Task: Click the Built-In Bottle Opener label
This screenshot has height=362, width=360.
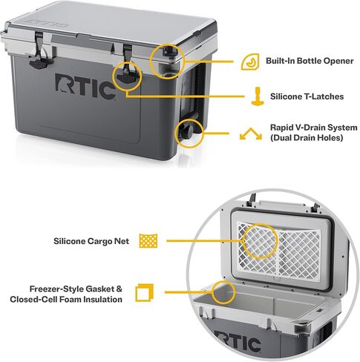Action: (x=310, y=61)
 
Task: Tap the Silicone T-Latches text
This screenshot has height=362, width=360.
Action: (x=307, y=96)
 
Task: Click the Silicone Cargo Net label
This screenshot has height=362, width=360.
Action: (x=91, y=241)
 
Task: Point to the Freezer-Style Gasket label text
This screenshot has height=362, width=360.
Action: (x=76, y=289)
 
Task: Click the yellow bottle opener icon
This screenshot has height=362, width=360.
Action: (x=250, y=62)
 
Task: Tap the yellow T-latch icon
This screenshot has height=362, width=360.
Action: (x=258, y=96)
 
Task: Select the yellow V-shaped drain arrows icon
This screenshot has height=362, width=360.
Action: (x=251, y=134)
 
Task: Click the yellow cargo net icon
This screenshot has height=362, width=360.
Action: (x=148, y=241)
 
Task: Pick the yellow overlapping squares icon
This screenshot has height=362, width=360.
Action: (x=144, y=293)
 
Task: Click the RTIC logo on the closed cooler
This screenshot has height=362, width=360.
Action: (x=85, y=86)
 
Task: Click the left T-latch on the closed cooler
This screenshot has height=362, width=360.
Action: (x=39, y=53)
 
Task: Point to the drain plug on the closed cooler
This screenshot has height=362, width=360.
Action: (x=189, y=134)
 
